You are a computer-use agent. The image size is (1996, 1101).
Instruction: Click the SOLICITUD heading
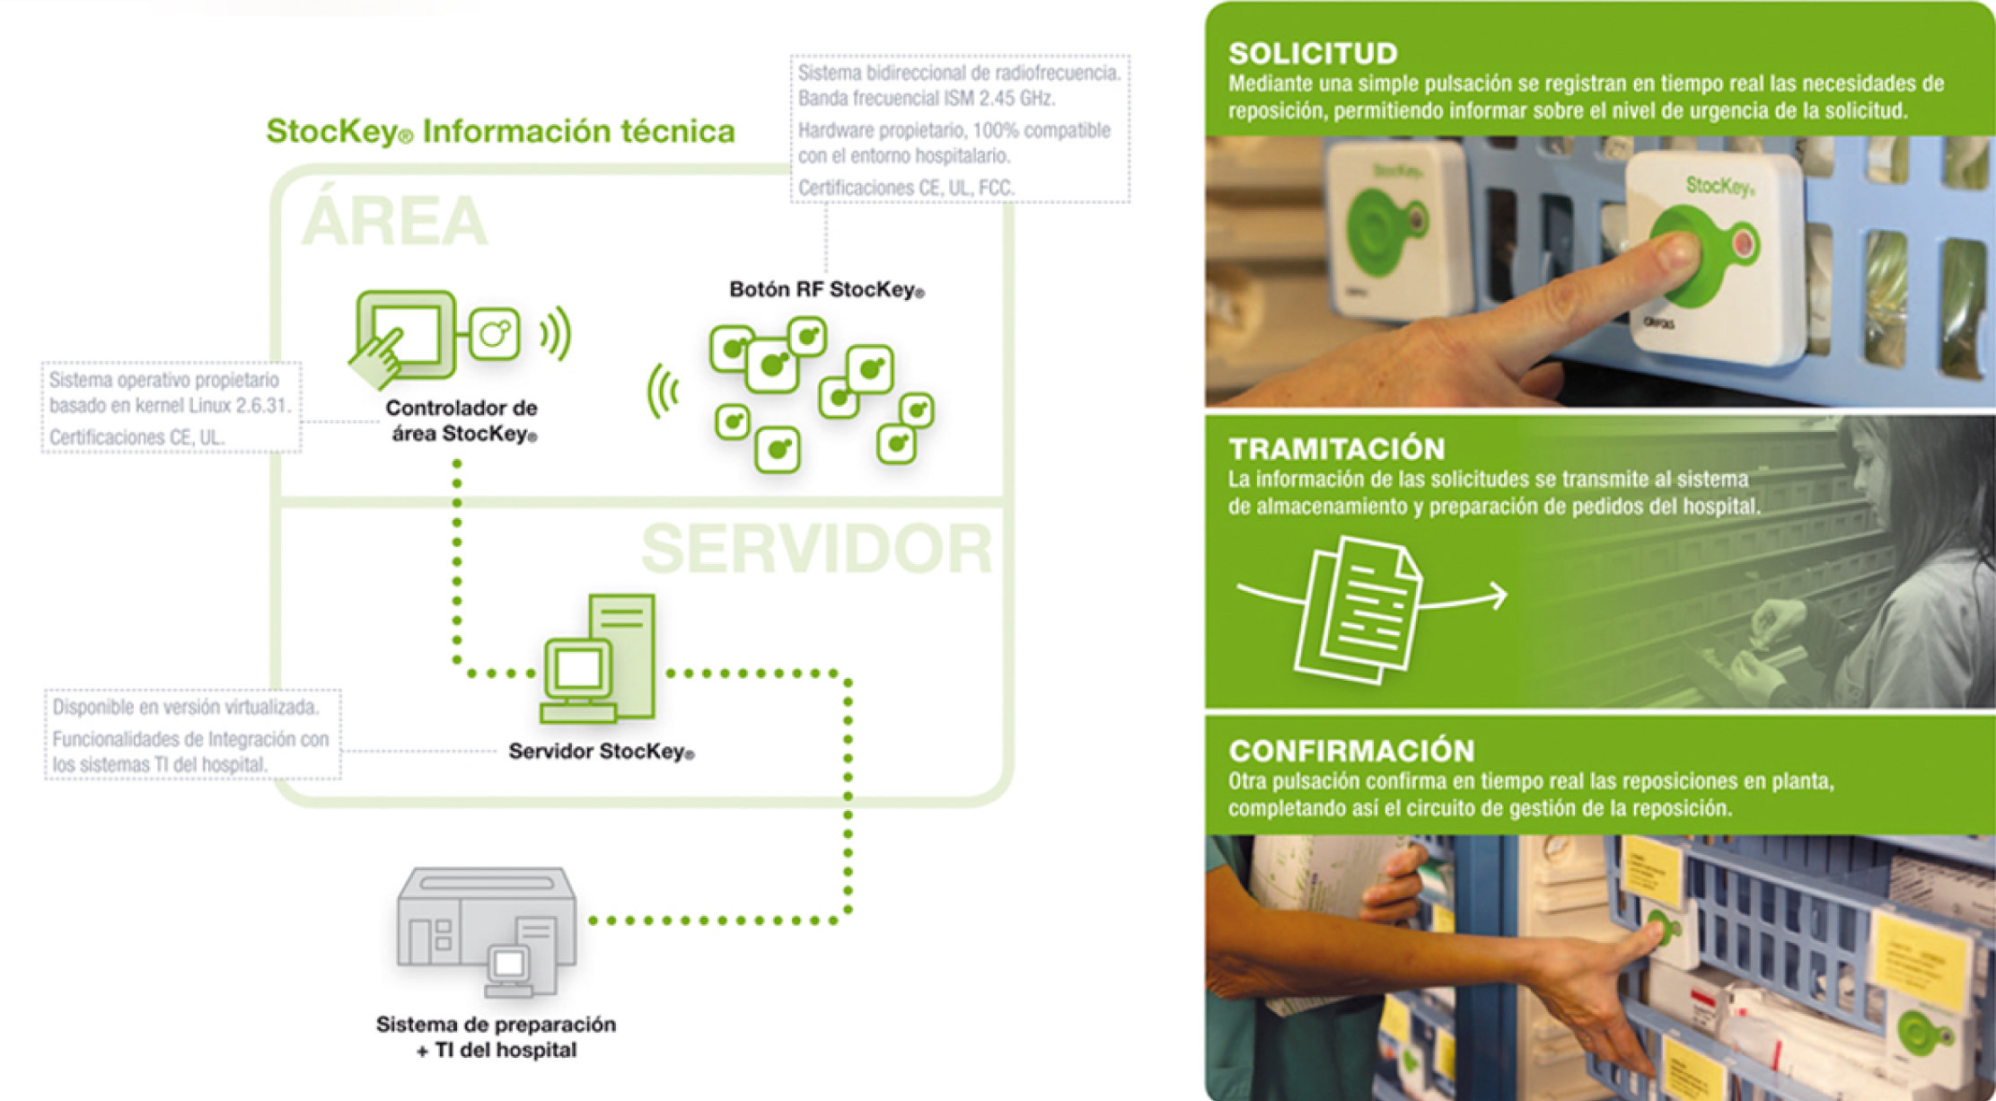(x=1313, y=54)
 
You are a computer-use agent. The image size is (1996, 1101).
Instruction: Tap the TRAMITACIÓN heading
(x=1336, y=449)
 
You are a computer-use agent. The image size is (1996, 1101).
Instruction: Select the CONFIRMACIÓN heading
(x=1350, y=751)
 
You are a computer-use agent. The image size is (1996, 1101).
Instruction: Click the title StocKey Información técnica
(x=500, y=132)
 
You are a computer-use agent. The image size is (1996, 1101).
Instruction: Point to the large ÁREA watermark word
(x=394, y=221)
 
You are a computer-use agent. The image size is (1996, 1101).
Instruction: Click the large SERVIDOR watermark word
(x=816, y=549)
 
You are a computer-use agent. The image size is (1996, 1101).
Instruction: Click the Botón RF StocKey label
(x=826, y=290)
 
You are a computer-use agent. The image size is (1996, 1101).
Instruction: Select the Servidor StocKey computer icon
(x=598, y=659)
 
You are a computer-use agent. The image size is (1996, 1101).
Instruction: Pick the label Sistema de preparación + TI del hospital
(x=496, y=1037)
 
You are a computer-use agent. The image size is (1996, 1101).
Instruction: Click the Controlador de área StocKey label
(x=462, y=420)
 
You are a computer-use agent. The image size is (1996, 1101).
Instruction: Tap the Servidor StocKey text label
(x=601, y=752)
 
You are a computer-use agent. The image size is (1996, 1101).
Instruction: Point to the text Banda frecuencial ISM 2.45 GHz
(x=926, y=98)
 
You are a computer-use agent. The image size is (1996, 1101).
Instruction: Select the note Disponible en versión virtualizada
(x=186, y=708)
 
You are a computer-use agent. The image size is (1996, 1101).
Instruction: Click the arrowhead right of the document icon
(x=1498, y=595)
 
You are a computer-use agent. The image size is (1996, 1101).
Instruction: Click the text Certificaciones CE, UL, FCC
(x=906, y=189)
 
